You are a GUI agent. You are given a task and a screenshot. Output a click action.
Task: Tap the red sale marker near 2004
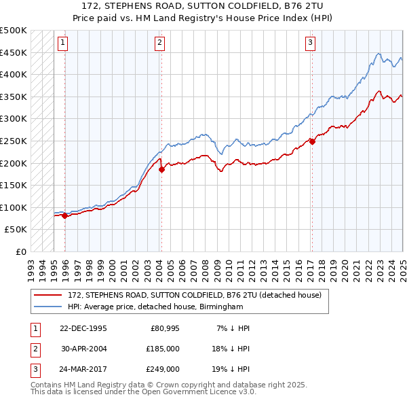[162, 170]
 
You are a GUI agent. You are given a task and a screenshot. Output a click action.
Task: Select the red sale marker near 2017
[312, 141]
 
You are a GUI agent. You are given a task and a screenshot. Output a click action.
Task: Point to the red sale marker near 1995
[64, 215]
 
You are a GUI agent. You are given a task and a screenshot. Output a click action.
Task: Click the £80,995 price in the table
[165, 328]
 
